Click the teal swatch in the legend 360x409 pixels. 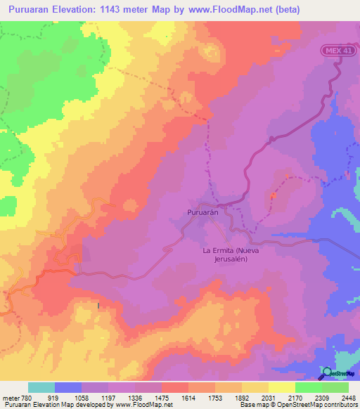point(41,387)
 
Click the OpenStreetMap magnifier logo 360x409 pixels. point(328,372)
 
